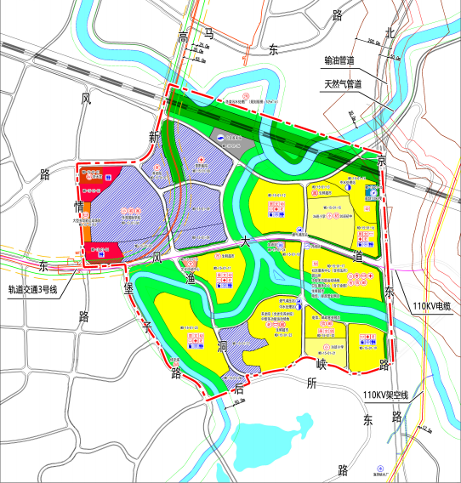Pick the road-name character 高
pyautogui.click(x=182, y=35)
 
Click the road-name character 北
pyautogui.click(x=389, y=33)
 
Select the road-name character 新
pyautogui.click(x=155, y=137)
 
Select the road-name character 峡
pyautogui.click(x=322, y=363)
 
